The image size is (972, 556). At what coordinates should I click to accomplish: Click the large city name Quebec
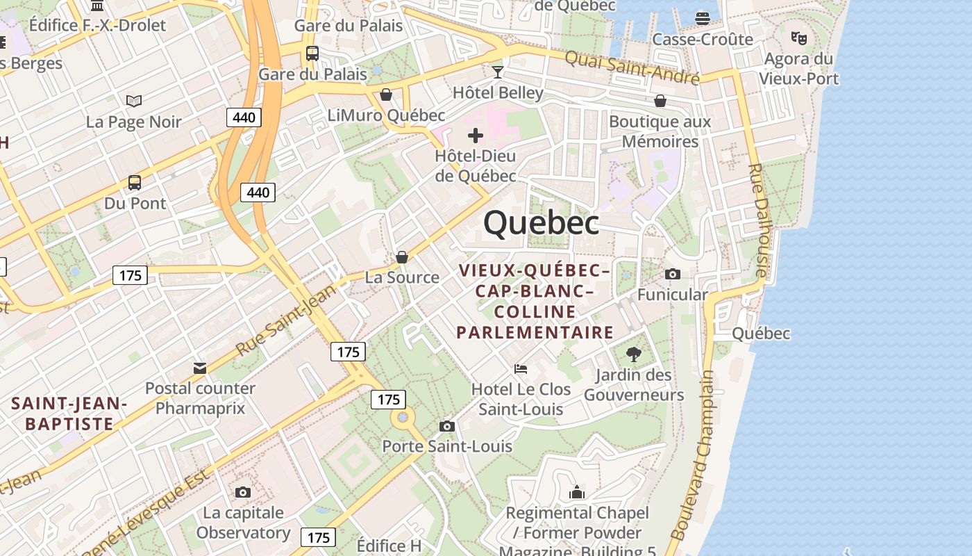click(541, 223)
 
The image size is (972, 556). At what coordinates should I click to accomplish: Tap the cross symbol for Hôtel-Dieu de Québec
click(476, 135)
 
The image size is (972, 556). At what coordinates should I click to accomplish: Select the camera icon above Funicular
click(672, 274)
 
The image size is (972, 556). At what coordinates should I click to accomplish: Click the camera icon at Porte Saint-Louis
click(447, 426)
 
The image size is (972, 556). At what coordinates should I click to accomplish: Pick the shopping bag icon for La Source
click(401, 258)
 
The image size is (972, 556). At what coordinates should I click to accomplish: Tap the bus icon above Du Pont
click(135, 183)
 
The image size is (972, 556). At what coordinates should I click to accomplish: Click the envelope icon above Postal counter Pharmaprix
click(200, 368)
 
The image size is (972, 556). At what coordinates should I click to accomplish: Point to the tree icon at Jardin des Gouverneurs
click(633, 354)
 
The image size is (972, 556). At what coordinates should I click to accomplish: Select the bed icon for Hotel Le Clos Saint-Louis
click(521, 368)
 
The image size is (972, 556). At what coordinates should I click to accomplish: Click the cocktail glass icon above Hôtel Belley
click(498, 72)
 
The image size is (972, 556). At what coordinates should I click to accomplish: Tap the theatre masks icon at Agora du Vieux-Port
click(798, 38)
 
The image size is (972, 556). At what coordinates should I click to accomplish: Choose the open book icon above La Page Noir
click(134, 101)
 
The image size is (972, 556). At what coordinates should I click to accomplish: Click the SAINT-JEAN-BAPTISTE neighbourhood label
click(69, 414)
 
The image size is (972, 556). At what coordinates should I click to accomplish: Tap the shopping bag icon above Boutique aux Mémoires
click(660, 101)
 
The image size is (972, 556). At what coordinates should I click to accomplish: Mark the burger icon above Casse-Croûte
click(703, 18)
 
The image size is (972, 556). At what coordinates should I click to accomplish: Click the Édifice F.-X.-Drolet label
click(98, 26)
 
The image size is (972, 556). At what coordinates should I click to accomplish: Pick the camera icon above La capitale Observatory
click(242, 492)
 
